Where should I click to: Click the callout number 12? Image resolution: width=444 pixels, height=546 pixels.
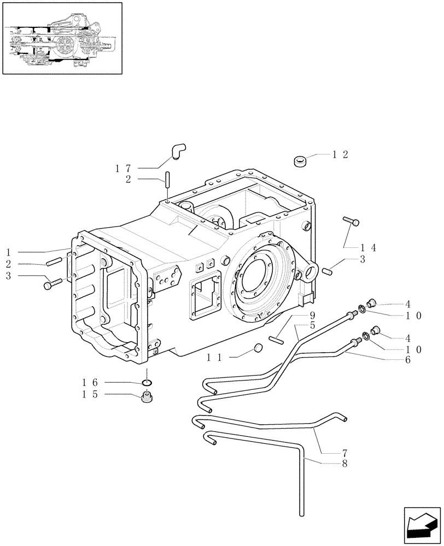[x=340, y=155]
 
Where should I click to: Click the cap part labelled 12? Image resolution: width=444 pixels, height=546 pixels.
[x=300, y=161]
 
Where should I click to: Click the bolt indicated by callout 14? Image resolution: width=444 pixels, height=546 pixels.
[x=350, y=221]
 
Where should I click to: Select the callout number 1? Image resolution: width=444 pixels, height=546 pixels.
[x=9, y=252]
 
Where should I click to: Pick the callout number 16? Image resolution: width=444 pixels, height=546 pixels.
[x=90, y=384]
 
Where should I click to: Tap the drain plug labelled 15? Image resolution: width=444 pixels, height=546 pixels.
[x=146, y=397]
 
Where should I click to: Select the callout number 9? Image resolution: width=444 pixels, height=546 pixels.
[x=312, y=316]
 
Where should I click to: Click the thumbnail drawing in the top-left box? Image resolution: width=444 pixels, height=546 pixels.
[x=62, y=38]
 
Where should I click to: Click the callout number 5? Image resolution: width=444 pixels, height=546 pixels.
[x=312, y=325]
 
